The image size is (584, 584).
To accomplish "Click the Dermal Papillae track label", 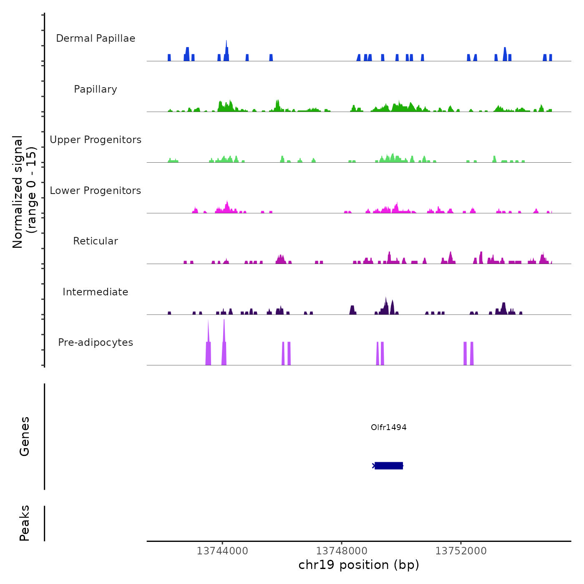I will point(96,38).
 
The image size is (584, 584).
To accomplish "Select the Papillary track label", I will point(96,89).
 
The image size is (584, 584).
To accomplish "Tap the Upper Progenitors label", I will point(96,140).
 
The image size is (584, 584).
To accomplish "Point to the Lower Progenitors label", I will point(96,191).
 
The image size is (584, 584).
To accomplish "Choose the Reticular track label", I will point(96,241).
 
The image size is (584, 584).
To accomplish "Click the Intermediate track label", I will point(96,292).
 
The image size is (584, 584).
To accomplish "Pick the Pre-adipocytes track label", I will point(96,342).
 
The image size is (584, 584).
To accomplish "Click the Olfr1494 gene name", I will point(388,427).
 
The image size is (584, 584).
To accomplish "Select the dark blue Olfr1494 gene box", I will point(388,466).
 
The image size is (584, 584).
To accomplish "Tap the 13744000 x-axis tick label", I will point(222,551).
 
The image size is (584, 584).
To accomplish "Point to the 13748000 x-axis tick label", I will point(342,551).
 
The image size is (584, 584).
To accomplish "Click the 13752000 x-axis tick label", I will point(461,551).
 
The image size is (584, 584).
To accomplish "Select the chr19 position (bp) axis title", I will point(359,565).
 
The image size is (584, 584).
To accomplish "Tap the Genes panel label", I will point(25,436).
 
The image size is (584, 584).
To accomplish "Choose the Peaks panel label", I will point(25,523).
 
